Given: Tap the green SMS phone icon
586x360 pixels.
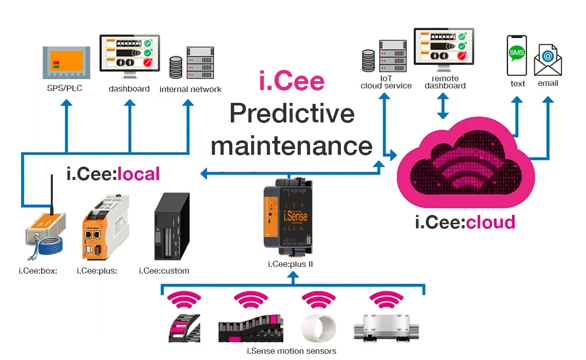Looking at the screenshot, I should [x=517, y=56].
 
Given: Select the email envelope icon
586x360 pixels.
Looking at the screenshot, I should [x=548, y=60].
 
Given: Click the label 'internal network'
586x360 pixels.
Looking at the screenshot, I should [x=190, y=89].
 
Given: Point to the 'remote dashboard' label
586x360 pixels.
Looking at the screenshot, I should [x=445, y=82].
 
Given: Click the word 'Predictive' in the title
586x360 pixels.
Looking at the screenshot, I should [x=292, y=113].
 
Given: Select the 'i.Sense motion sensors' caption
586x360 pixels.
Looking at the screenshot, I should [x=291, y=351].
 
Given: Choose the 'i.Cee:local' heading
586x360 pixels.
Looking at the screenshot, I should [x=113, y=174].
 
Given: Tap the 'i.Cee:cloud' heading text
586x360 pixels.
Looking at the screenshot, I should [x=465, y=222].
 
